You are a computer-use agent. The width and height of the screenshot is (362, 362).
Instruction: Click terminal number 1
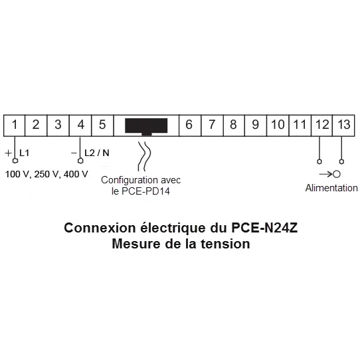[x=15, y=125]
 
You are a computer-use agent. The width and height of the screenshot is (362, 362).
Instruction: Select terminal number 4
[x=80, y=125]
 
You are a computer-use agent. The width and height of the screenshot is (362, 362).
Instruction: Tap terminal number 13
[x=344, y=125]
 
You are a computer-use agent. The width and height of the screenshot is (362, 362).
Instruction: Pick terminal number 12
[x=322, y=125]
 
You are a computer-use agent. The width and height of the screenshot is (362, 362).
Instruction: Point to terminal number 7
[x=212, y=125]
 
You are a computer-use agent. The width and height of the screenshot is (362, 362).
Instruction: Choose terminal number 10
[x=278, y=125]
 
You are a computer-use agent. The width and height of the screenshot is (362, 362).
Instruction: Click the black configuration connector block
[x=146, y=126]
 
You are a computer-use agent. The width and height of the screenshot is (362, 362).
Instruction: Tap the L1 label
[x=24, y=153]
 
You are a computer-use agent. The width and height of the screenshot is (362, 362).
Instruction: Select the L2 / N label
[x=97, y=153]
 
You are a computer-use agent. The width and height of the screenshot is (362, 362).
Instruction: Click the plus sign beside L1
[x=8, y=153]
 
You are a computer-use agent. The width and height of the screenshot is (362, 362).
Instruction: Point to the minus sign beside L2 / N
[x=74, y=153]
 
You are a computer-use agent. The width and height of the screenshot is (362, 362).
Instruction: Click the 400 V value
[x=76, y=174]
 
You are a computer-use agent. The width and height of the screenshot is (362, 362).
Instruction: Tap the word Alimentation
[x=331, y=188]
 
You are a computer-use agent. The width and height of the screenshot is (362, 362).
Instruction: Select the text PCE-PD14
[x=145, y=191]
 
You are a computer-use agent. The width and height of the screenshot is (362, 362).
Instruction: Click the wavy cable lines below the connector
[x=144, y=156]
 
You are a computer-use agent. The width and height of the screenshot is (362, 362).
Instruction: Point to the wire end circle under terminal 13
[x=341, y=161]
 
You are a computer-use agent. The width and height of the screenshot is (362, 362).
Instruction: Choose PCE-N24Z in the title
[x=264, y=228]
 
